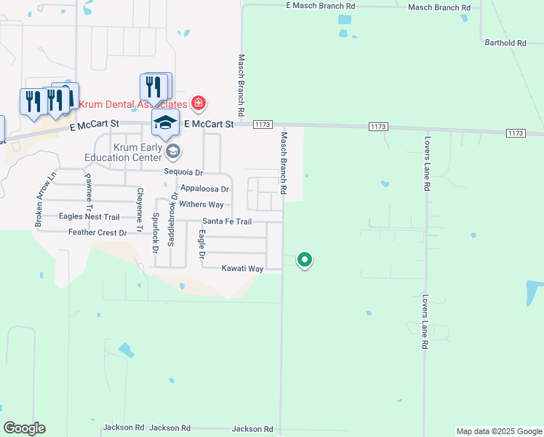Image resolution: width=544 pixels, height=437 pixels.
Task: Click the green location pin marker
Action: click(x=305, y=259)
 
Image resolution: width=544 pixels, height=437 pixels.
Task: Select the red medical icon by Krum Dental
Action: click(x=197, y=103)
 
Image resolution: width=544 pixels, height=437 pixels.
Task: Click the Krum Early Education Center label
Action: click(x=124, y=151)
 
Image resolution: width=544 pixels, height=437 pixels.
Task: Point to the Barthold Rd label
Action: click(x=505, y=43)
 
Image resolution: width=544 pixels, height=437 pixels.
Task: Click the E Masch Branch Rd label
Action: click(x=321, y=6)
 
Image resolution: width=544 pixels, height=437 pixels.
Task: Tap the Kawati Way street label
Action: click(x=242, y=269)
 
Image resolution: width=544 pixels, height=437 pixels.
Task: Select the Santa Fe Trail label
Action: click(x=227, y=221)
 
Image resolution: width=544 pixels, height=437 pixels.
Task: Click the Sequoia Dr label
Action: click(x=183, y=173)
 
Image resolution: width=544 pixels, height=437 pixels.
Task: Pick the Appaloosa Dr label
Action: click(x=204, y=189)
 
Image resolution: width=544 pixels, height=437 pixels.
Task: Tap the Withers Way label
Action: click(x=201, y=205)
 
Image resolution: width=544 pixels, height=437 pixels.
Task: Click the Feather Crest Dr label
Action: click(x=97, y=232)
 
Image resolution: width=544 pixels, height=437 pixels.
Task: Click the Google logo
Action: click(x=25, y=428)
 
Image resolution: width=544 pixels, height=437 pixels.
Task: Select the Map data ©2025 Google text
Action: click(x=498, y=431)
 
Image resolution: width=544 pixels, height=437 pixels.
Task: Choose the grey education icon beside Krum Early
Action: click(x=172, y=151)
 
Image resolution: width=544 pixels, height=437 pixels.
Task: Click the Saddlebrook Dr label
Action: click(x=172, y=219)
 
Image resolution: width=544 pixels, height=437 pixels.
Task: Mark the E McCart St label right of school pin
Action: click(x=209, y=125)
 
